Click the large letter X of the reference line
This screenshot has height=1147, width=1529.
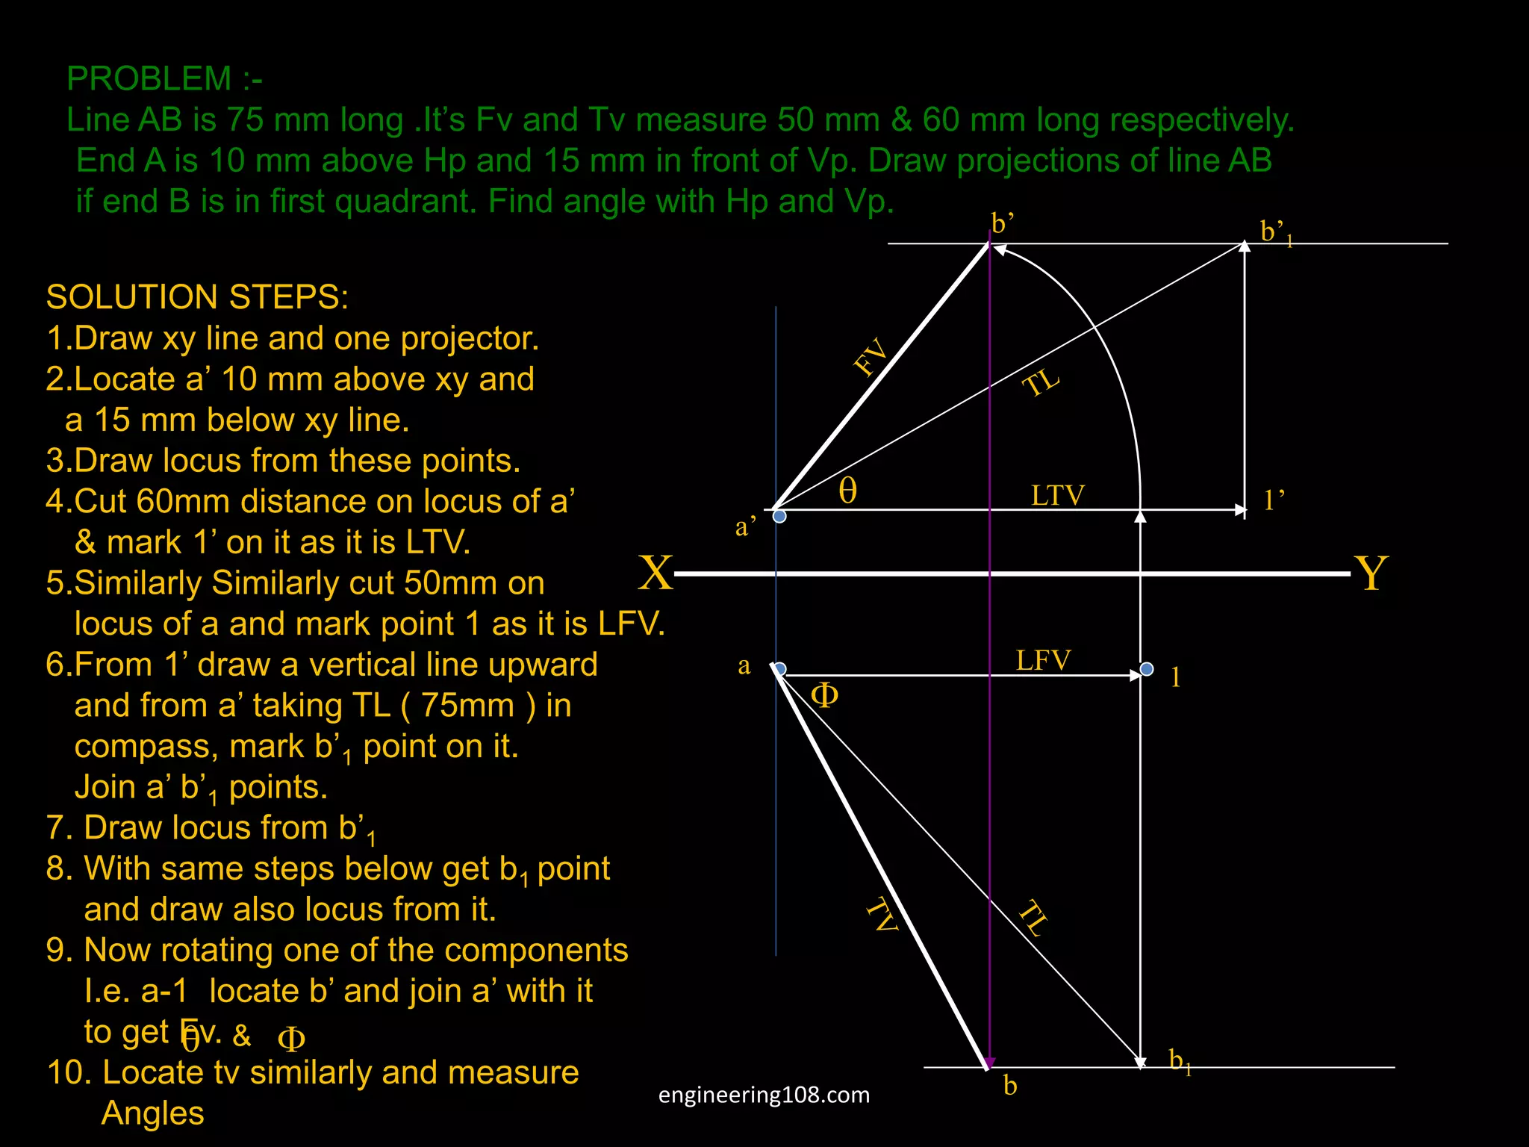tap(655, 573)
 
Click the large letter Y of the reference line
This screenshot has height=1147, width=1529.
tap(1371, 573)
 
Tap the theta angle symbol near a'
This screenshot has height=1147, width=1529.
tap(847, 491)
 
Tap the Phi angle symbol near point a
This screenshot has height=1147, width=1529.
tap(824, 695)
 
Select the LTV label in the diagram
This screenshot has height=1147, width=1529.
tap(1057, 495)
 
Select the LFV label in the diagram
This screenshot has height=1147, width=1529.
tap(1043, 660)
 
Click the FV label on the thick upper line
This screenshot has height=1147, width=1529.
tap(871, 356)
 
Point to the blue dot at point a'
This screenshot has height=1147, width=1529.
tap(779, 516)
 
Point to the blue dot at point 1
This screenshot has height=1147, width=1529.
tap(1147, 668)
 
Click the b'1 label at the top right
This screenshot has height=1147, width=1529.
tap(1276, 232)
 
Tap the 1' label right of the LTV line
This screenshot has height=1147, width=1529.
tap(1274, 500)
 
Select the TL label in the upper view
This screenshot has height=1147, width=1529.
tap(1041, 383)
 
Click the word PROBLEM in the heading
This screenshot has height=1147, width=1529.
tap(149, 78)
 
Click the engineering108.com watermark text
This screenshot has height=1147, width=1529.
tap(764, 1095)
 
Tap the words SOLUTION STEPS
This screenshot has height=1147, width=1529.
tap(197, 296)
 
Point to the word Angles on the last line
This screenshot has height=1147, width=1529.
tap(152, 1113)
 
